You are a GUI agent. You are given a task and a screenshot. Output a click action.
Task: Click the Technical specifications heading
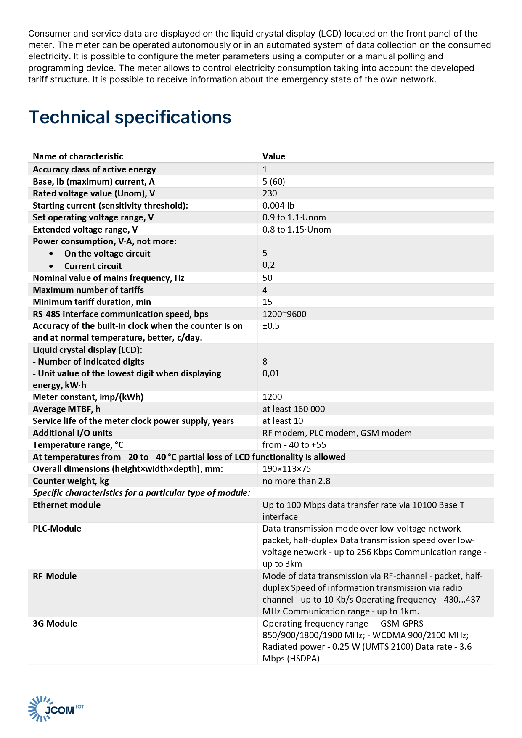tap(130, 117)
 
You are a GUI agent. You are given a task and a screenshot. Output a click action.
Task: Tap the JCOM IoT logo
tap(56, 709)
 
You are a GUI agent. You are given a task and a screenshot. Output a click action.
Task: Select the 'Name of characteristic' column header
tap(78, 156)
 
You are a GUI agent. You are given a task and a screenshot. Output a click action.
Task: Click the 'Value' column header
tap(274, 156)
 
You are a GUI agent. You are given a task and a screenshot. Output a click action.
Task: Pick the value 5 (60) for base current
tap(274, 182)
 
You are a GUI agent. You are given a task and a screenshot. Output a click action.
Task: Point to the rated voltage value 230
tap(270, 193)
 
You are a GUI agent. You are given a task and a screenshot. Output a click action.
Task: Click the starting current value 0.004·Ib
tap(278, 206)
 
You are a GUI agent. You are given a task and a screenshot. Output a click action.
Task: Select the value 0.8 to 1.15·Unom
tap(297, 230)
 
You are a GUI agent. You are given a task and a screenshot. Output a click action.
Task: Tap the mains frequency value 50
tap(268, 278)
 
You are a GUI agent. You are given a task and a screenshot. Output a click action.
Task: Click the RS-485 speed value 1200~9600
tap(284, 314)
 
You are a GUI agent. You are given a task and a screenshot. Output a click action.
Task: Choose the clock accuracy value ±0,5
tap(271, 326)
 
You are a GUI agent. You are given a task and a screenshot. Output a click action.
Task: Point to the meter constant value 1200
tap(272, 397)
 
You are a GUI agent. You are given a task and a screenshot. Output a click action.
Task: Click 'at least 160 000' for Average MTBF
tap(294, 409)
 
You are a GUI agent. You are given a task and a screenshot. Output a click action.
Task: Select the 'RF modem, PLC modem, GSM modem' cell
tap(337, 433)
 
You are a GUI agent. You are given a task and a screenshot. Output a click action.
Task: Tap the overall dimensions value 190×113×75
tap(286, 469)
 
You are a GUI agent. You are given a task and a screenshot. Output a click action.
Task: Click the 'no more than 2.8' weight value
tap(296, 481)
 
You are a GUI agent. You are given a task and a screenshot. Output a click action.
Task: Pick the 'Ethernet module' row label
tap(66, 505)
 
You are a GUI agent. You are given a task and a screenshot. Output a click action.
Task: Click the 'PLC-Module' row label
tap(57, 529)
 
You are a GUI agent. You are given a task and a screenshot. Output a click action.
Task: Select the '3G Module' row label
tap(55, 624)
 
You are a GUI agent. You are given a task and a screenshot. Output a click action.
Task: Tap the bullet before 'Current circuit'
tap(51, 266)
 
